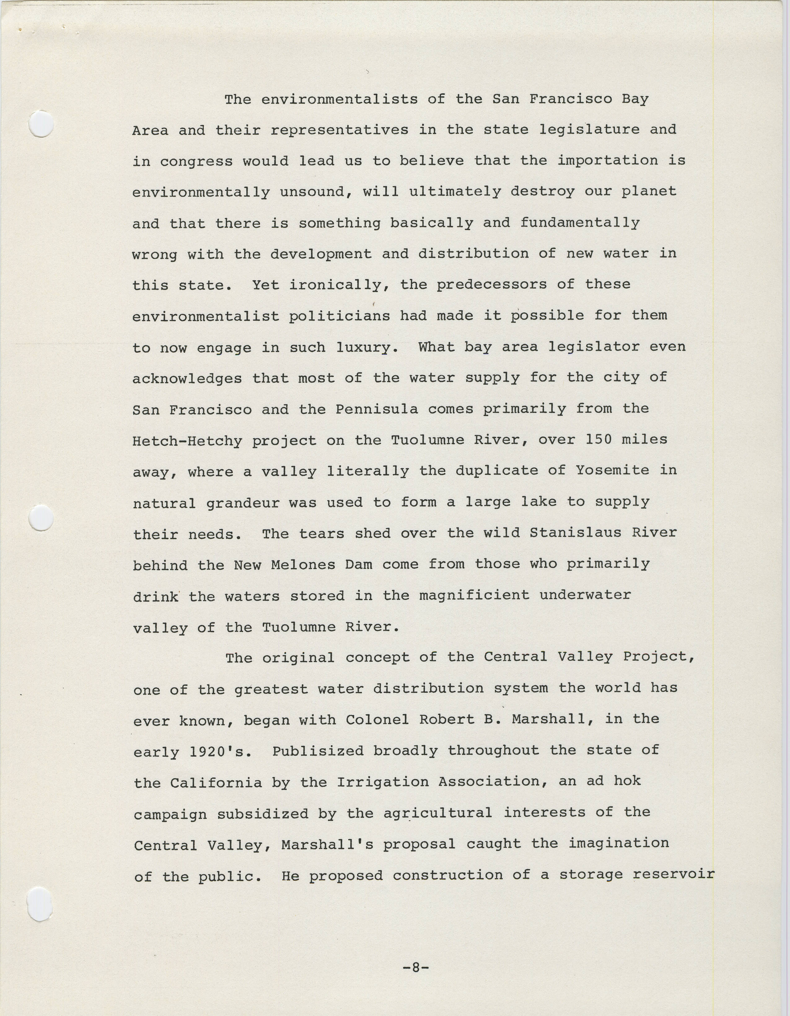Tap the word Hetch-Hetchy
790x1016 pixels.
(x=187, y=440)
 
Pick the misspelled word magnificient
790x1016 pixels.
(x=474, y=595)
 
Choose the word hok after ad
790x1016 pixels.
(x=627, y=781)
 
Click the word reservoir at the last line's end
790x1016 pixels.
(x=674, y=874)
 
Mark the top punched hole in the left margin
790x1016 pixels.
(x=41, y=124)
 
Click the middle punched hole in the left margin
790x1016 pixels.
(x=41, y=518)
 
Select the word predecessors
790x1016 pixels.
(x=491, y=285)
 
